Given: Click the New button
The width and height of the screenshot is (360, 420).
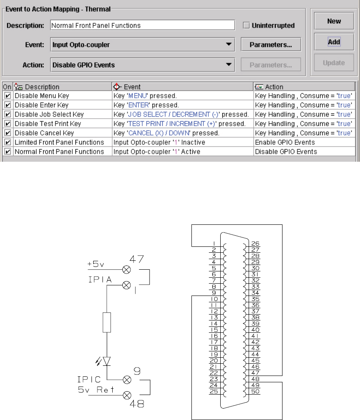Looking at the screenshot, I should [334, 21].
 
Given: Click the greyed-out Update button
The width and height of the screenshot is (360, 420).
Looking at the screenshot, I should [334, 63].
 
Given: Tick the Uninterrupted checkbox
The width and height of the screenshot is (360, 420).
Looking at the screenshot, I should [246, 25].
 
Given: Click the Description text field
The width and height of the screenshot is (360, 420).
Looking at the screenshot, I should [142, 25].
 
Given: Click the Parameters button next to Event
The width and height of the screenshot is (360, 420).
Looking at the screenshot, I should [271, 44].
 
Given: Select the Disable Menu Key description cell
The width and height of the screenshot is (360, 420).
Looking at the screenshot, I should [62, 96].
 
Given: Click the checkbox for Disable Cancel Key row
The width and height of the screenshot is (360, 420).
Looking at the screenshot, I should [8, 133].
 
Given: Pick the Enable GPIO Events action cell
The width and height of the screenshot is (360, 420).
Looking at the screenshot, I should [304, 142].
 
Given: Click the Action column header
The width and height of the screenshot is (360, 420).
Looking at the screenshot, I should [304, 87].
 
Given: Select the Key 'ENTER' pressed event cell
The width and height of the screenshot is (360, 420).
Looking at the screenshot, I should [182, 105].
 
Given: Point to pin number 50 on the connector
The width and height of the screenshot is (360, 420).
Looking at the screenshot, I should [255, 391].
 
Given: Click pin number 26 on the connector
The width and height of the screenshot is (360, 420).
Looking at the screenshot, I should [255, 243].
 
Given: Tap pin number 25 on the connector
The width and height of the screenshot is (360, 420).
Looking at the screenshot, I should [214, 391].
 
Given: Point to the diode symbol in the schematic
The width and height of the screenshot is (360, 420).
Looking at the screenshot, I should [107, 361].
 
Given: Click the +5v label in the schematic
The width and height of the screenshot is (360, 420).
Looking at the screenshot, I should [95, 264].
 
